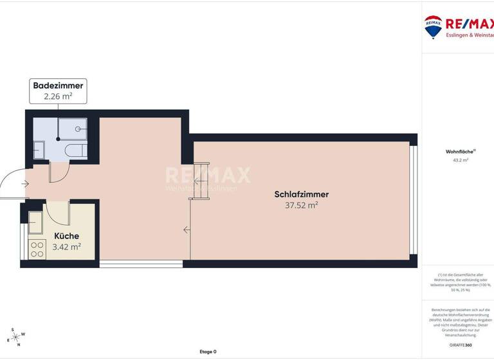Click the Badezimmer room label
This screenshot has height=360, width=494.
coord(59,85)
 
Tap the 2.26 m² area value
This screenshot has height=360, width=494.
coord(59,97)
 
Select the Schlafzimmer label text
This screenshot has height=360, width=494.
coord(302,194)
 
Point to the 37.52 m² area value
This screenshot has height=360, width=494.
coord(302,206)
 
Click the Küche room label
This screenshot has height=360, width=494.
coord(66,236)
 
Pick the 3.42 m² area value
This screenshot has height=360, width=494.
coord(66,247)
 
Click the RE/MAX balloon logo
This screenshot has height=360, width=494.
coord(433,26)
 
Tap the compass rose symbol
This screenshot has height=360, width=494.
coord(15,337)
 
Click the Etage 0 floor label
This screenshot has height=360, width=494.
coord(208,352)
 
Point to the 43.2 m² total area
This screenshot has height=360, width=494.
coord(461,160)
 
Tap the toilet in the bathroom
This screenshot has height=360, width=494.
coord(76,150)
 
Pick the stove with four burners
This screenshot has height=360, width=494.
coord(37,248)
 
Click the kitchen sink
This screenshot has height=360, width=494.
coord(36,222)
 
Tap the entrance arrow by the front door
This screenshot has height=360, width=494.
coord(25,184)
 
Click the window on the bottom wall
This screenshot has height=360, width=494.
coord(141,263)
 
